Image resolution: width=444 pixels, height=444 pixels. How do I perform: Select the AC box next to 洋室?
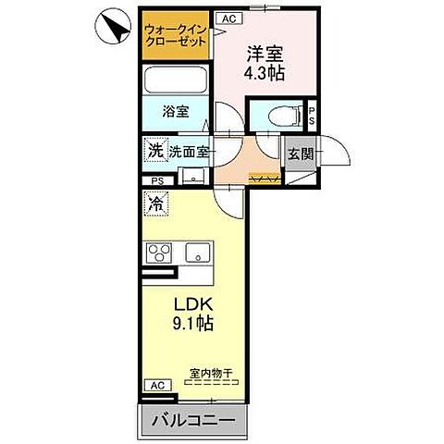tap(226, 18)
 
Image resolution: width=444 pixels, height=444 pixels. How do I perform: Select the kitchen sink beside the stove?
tap(197, 252)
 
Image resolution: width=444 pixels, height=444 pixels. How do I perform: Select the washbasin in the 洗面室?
tap(191, 176)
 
